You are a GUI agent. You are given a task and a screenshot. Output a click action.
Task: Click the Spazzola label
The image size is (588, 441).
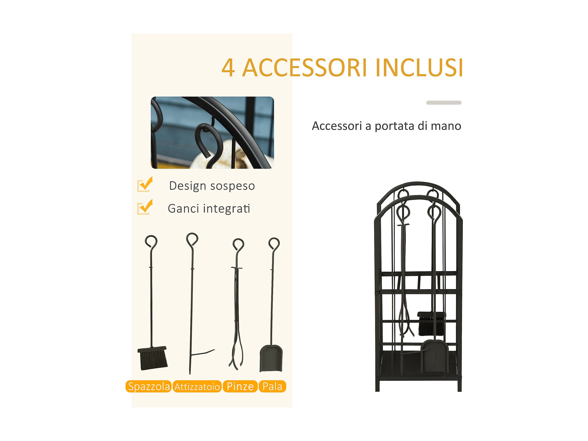(148, 386)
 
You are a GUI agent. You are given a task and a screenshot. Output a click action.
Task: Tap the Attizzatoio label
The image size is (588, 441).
(197, 386)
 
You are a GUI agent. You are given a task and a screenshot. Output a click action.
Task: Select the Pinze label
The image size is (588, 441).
(240, 386)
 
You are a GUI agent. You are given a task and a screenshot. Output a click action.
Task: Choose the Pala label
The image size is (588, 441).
(272, 386)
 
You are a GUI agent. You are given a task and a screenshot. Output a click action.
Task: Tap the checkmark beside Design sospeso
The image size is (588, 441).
(145, 184)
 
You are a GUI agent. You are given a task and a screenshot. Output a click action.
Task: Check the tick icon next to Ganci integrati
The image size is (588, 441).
(145, 207)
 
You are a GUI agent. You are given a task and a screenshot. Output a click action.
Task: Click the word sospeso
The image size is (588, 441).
(232, 186)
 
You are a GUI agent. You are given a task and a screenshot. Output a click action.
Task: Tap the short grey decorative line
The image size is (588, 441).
(444, 103)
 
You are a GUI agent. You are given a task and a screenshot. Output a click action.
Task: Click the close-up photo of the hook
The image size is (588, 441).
(212, 132)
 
